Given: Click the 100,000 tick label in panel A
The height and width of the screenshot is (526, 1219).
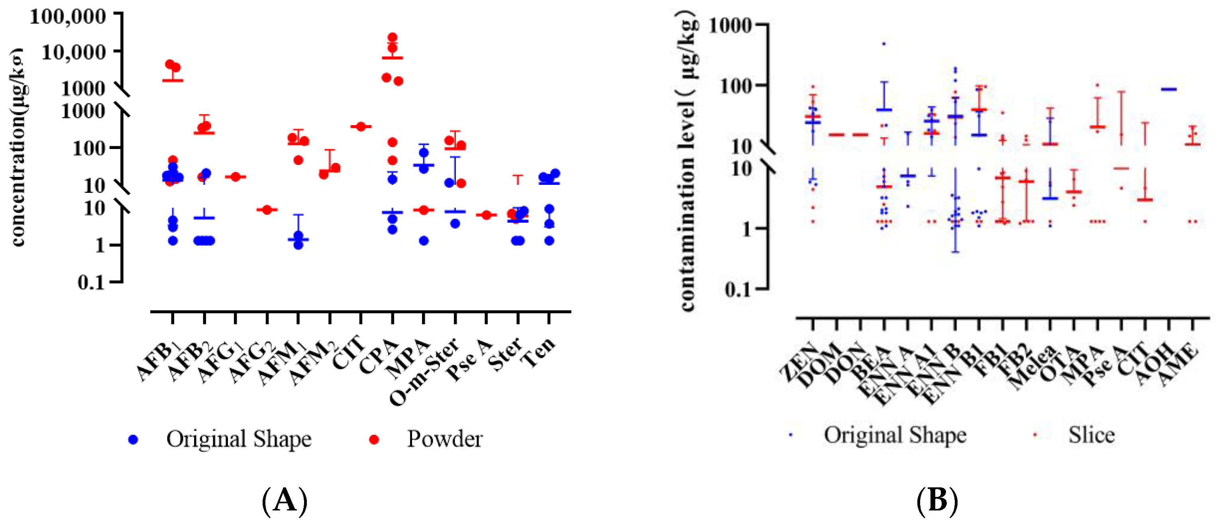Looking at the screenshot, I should [68, 17].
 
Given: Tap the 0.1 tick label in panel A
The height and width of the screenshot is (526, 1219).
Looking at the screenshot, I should [90, 283].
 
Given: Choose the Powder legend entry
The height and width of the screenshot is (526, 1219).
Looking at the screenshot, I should [444, 439].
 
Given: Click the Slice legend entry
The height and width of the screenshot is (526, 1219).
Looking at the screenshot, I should [1091, 435].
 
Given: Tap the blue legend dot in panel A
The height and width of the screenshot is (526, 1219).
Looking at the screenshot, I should [133, 440].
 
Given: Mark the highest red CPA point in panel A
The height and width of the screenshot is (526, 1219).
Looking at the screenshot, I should [392, 37].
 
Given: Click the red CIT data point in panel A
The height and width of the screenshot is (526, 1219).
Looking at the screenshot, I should [361, 126].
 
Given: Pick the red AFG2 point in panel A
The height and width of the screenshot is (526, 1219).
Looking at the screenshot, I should [267, 210].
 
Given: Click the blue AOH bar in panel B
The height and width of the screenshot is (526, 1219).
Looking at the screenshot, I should [1169, 89].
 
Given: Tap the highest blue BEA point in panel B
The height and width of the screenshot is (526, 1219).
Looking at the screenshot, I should [883, 44].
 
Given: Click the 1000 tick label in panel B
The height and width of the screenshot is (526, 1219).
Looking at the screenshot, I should [730, 25].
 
